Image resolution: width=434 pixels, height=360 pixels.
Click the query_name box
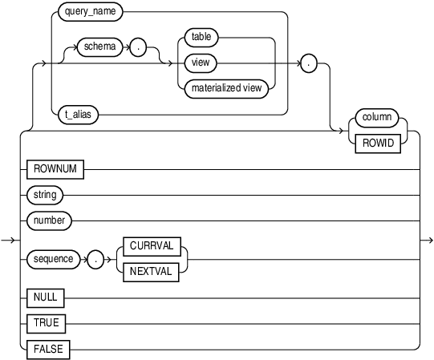92,13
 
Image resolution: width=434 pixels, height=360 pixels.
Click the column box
376,117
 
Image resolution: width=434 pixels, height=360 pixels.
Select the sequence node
52,259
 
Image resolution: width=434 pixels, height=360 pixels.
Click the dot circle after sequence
95,259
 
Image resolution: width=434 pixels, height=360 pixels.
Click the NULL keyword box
46,298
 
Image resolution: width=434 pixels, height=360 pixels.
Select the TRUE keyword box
46,323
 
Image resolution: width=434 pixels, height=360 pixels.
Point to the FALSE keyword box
48,349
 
